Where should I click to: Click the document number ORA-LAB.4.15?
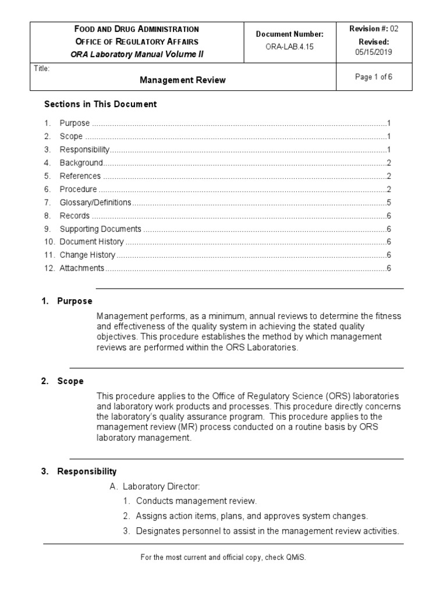coord(290,47)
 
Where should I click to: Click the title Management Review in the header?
coord(182,80)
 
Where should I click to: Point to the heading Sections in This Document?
coord(101,104)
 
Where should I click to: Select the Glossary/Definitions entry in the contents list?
coord(95,203)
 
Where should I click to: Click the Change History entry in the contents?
coord(87,255)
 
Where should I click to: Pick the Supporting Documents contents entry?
coord(100,229)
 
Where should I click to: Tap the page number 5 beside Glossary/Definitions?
coord(388,203)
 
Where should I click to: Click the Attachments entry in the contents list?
coord(81,268)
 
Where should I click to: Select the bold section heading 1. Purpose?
coord(67,301)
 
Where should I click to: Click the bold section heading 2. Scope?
coord(62,381)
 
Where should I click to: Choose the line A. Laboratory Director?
coord(155,487)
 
